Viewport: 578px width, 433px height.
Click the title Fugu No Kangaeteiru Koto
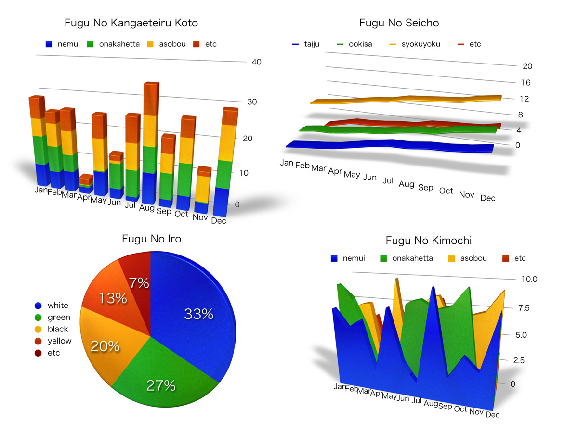click(131, 23)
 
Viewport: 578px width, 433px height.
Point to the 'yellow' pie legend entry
click(59, 341)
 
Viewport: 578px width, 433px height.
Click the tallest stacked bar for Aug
click(150, 144)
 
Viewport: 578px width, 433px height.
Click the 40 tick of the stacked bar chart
click(256, 62)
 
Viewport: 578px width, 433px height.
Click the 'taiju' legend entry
click(312, 44)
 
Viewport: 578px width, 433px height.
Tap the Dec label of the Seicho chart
click(488, 198)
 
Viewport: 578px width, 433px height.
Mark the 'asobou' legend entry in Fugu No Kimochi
click(473, 258)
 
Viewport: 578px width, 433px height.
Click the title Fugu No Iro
click(151, 239)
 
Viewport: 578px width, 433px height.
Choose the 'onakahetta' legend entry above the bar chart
click(119, 44)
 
